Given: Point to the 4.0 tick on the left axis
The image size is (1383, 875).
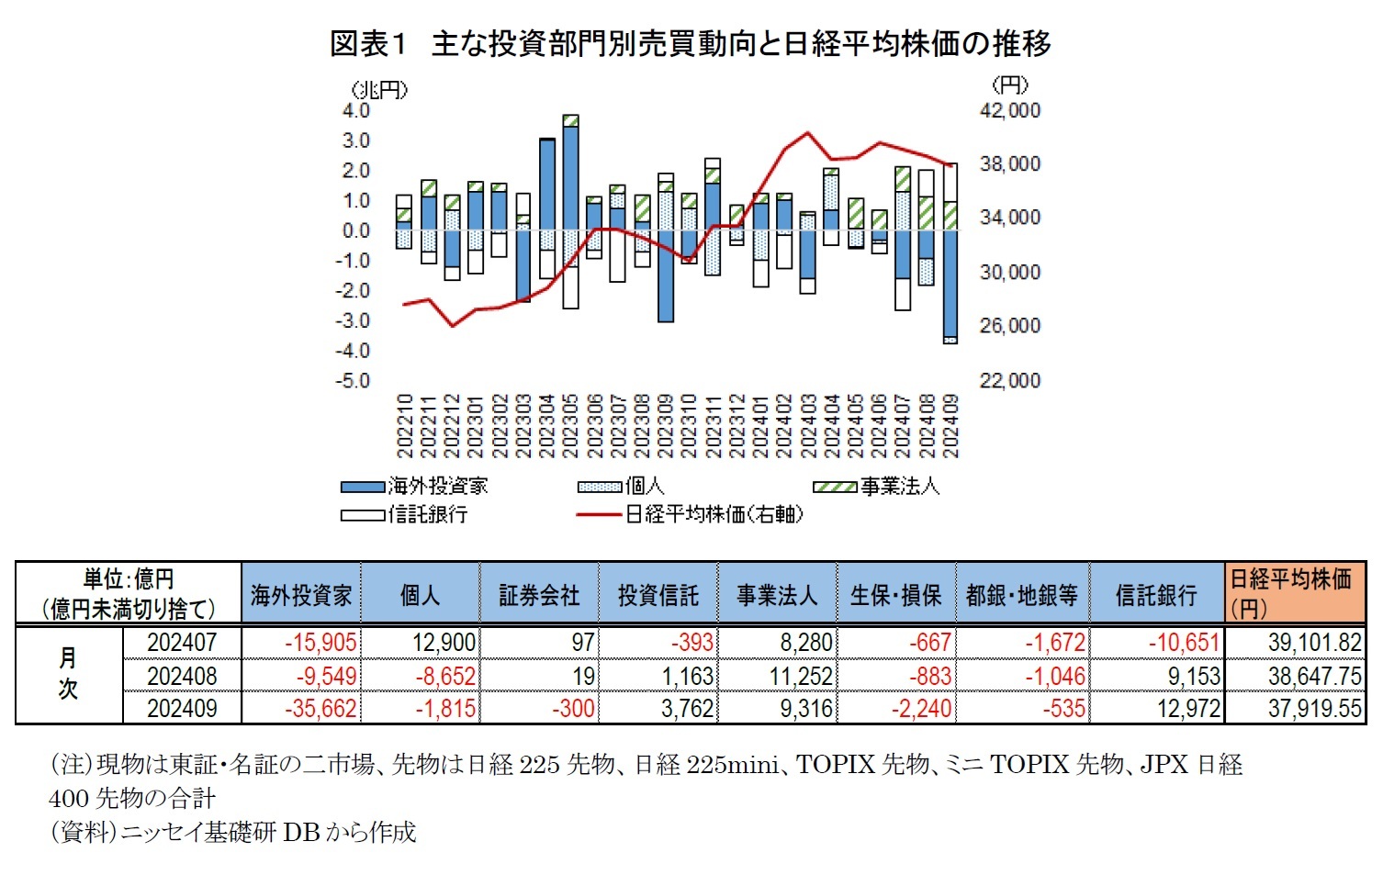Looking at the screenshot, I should [354, 110].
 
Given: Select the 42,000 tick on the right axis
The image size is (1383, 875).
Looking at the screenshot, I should [1009, 110].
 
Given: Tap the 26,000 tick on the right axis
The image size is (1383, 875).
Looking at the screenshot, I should [1009, 326].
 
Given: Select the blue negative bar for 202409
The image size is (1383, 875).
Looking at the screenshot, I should [950, 284].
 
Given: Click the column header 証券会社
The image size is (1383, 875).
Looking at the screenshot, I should [539, 596].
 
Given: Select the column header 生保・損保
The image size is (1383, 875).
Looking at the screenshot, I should [895, 596].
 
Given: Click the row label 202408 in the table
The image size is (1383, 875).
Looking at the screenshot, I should [182, 677].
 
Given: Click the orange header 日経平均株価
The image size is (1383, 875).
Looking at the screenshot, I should [1290, 580].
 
